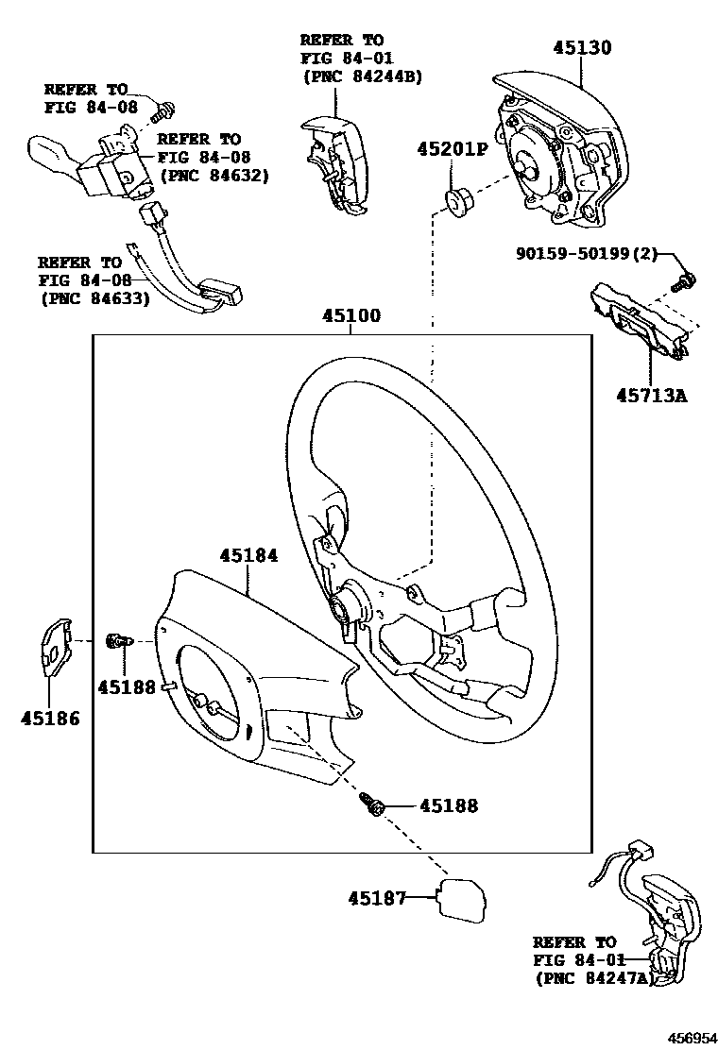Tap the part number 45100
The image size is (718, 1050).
coord(350,316)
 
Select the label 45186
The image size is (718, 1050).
coord(49,718)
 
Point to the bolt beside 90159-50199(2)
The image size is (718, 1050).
coord(686,279)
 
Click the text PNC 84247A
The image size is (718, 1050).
coord(594,978)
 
